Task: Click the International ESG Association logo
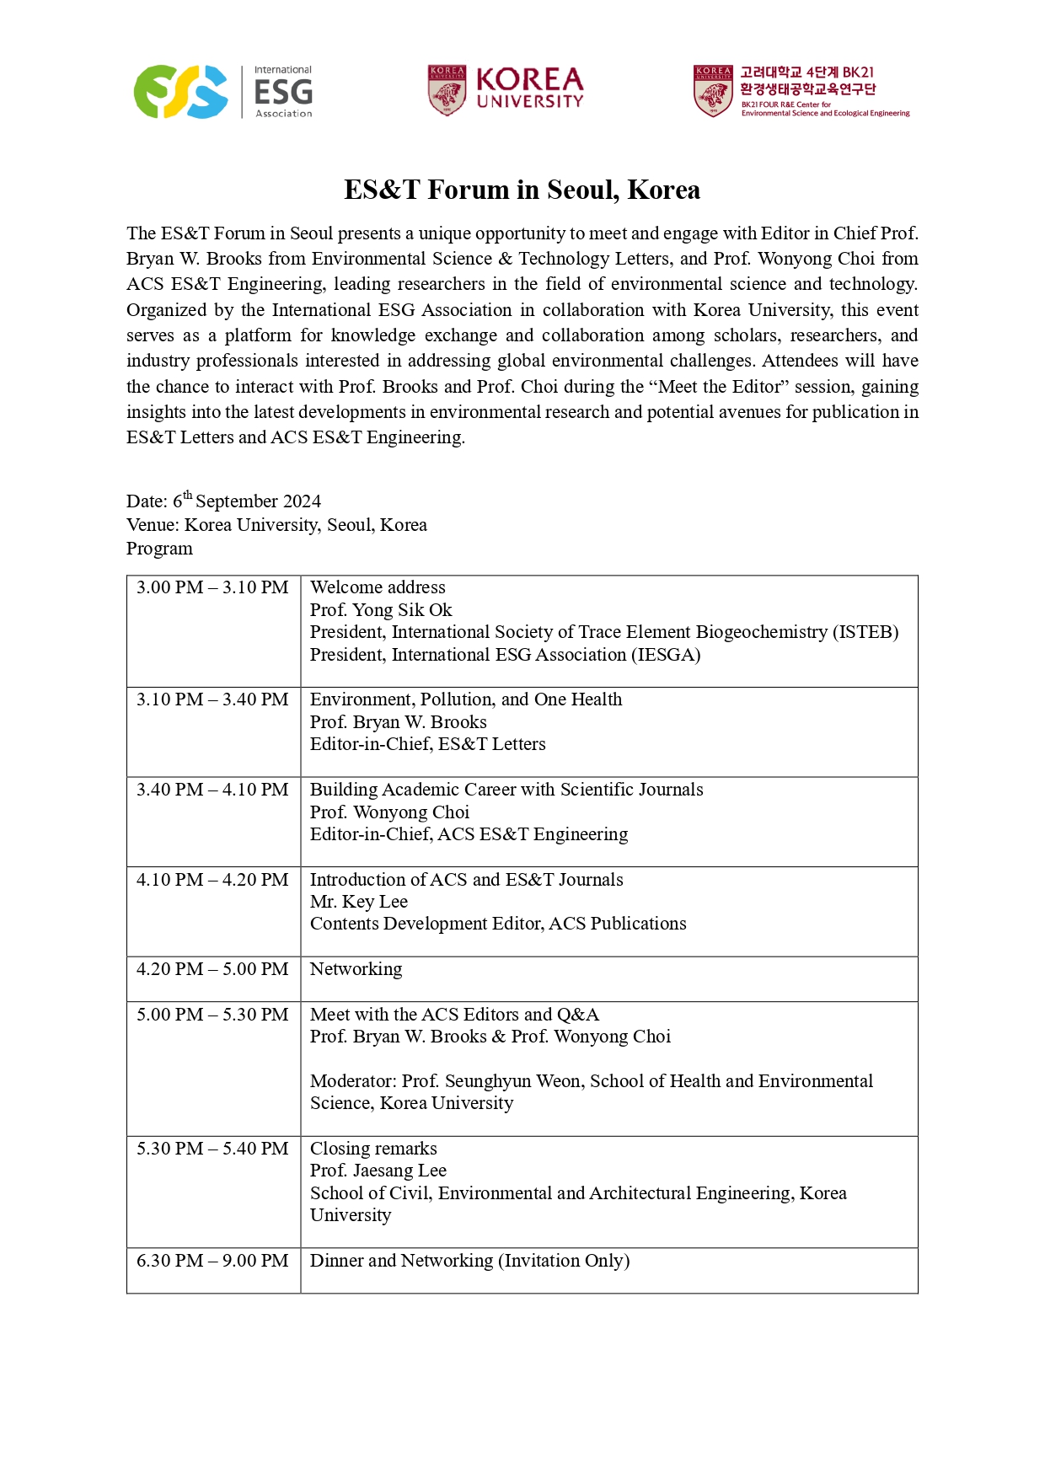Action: click(x=223, y=92)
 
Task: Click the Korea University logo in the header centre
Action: click(x=505, y=90)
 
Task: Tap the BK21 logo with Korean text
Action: click(x=801, y=91)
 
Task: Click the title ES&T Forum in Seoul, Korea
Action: click(x=522, y=190)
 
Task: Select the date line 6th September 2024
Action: click(x=223, y=501)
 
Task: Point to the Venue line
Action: click(x=276, y=525)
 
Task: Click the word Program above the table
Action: click(x=159, y=549)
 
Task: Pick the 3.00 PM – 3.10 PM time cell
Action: click(x=212, y=587)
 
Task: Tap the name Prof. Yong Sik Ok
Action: click(x=381, y=610)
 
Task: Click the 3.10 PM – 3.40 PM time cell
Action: click(x=212, y=699)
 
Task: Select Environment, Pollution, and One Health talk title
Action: click(x=466, y=699)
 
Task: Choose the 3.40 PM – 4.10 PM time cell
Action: click(x=212, y=790)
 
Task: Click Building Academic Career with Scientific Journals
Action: click(x=506, y=790)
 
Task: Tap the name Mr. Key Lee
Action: click(x=359, y=902)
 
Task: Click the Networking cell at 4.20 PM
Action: click(x=356, y=969)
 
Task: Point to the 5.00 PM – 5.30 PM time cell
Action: click(x=212, y=1015)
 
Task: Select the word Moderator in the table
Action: click(x=352, y=1081)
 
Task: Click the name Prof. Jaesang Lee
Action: click(x=378, y=1171)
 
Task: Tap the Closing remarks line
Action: click(x=373, y=1149)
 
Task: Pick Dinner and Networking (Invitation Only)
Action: click(x=469, y=1261)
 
